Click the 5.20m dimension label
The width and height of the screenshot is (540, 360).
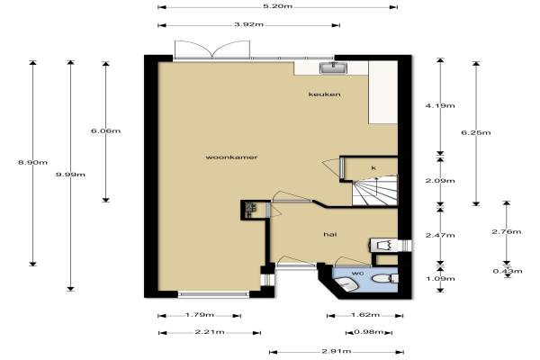277,6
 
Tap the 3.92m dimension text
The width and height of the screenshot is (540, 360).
248,24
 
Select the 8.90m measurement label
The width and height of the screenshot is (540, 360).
32,162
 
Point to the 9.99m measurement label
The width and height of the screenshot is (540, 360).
70,175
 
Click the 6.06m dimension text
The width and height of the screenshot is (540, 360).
105,130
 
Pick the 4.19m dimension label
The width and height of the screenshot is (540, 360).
440,106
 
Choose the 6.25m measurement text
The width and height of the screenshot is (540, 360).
476,132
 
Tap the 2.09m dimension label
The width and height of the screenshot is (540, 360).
440,181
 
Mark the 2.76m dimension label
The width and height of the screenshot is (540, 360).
506,232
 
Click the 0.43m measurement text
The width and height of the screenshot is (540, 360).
508,271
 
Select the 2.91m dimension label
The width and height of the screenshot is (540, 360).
337,351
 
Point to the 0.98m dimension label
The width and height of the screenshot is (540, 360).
368,332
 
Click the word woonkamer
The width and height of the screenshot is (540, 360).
231,157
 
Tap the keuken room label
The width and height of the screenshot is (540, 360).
324,94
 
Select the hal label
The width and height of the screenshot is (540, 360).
330,235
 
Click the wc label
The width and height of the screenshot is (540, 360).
357,274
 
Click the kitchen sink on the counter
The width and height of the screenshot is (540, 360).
333,67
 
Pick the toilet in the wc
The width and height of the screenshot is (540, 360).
385,278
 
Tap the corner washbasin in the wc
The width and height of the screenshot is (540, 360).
346,285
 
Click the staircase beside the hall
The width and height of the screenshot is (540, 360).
374,191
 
